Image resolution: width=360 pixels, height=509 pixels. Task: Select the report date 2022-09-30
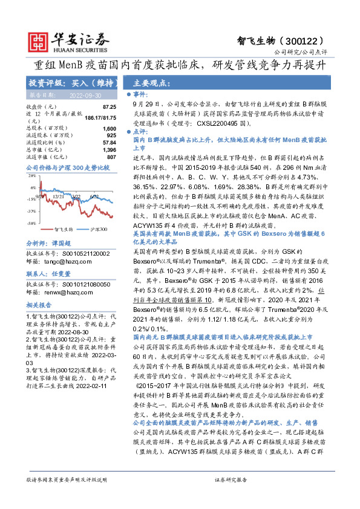(x=85, y=96)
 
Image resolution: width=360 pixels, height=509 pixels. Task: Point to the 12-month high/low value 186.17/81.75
(x=100, y=117)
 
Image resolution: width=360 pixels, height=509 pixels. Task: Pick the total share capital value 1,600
(x=109, y=129)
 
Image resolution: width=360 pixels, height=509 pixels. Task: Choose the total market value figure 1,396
(x=109, y=149)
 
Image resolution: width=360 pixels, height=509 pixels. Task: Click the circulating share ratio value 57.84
(x=109, y=143)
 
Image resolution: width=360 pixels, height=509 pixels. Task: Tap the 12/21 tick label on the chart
(x=59, y=196)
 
